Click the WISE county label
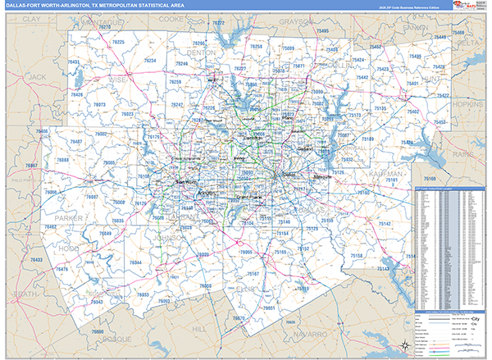[x=118, y=81]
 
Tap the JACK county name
[x=38, y=76]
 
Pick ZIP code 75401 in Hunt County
[x=412, y=84]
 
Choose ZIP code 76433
[x=36, y=260]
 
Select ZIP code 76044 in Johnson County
[x=135, y=262]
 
